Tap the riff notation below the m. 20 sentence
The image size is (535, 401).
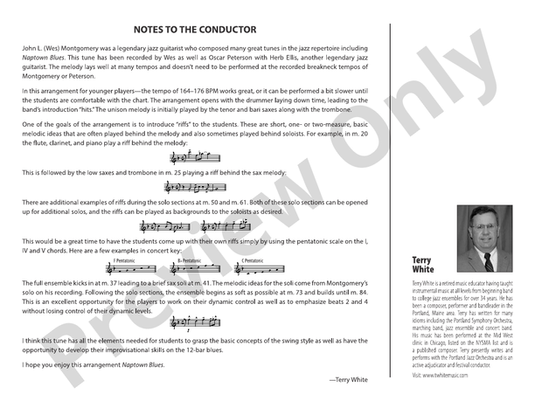[196, 160]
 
